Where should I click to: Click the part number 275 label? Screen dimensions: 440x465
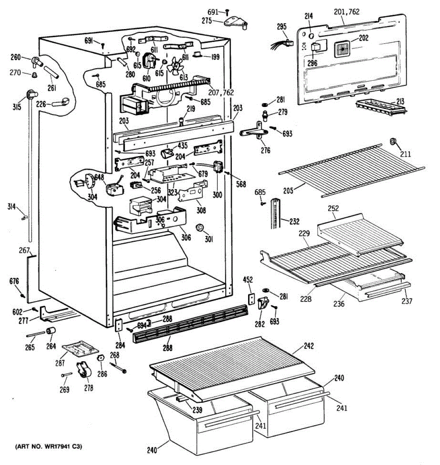[x=207, y=21]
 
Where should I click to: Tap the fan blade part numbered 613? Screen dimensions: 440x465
[x=175, y=65]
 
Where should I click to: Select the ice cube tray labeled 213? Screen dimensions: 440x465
[x=381, y=107]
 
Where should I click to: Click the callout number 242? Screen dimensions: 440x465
[x=308, y=346]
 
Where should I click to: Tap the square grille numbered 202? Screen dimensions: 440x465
[x=342, y=49]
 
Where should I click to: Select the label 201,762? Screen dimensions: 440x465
[x=346, y=12]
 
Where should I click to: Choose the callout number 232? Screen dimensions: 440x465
[x=294, y=221]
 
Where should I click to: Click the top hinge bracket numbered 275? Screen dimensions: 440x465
[x=236, y=22]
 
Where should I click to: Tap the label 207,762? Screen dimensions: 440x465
[x=221, y=92]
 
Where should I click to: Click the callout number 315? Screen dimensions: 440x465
[x=17, y=107]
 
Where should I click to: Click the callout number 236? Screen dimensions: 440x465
[x=339, y=303]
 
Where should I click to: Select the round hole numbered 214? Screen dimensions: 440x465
[x=312, y=36]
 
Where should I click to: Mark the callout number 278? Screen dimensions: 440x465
[x=89, y=387]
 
